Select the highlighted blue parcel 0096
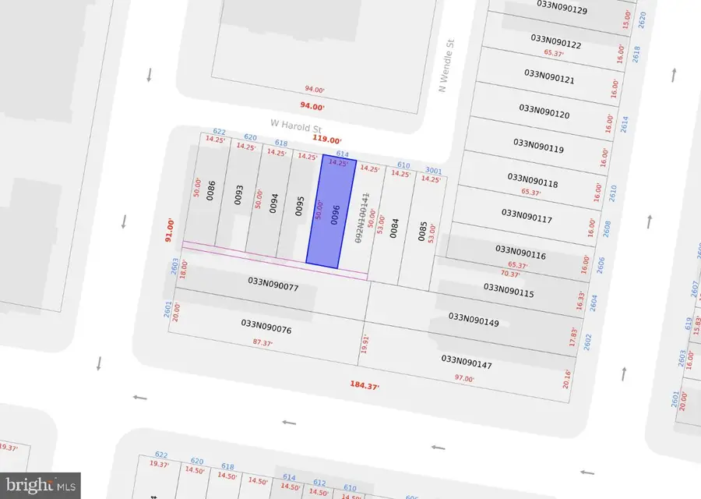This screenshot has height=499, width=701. (330, 213)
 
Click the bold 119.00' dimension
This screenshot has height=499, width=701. (327, 140)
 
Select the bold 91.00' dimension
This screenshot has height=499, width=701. (167, 231)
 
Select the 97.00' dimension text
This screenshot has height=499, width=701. (464, 379)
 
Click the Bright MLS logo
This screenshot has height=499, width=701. (40, 485)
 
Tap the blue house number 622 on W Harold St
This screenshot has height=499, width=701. (219, 133)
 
